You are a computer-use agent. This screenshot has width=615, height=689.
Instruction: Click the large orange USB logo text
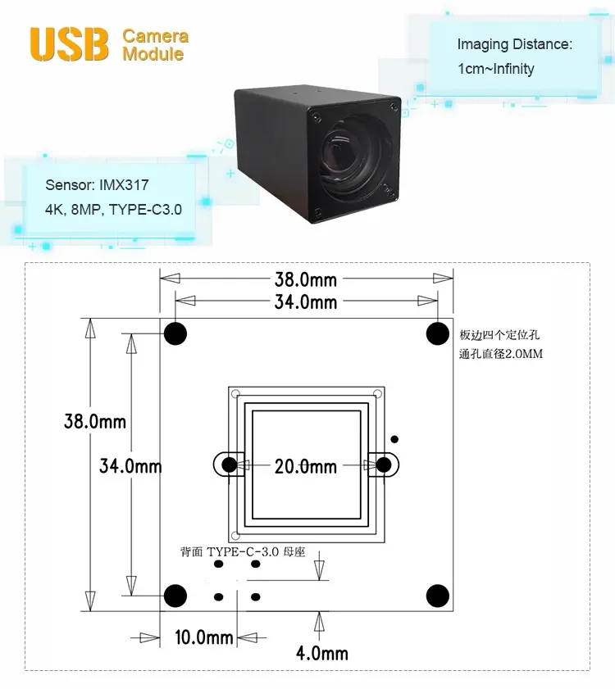(x=69, y=44)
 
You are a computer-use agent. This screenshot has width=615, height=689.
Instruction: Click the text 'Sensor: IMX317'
(x=97, y=185)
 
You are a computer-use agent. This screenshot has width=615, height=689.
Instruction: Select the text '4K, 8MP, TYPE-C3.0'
(x=113, y=210)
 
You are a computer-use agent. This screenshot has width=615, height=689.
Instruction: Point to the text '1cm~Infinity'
(x=496, y=69)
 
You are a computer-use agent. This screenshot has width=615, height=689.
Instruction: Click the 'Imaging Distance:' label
(x=515, y=44)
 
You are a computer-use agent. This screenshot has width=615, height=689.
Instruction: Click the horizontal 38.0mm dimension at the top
(x=306, y=279)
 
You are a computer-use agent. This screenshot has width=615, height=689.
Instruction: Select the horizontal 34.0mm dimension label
(x=306, y=302)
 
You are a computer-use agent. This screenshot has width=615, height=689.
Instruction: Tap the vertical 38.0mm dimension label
(x=95, y=421)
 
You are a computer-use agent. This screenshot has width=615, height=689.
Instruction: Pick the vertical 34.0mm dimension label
(x=130, y=466)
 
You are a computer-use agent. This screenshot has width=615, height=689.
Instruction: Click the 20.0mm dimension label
(x=306, y=467)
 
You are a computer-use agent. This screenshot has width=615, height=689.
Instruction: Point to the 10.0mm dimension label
(x=203, y=637)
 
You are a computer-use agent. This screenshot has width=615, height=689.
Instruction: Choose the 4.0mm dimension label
(x=322, y=654)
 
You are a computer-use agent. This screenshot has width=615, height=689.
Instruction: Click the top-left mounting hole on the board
(x=175, y=333)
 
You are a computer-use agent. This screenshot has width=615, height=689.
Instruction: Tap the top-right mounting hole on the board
(x=438, y=333)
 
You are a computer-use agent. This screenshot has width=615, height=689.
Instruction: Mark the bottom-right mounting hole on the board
(x=438, y=596)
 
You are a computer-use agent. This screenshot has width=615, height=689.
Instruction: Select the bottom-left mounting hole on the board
(x=175, y=596)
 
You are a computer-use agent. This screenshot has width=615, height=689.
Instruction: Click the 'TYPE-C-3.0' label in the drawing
(x=243, y=552)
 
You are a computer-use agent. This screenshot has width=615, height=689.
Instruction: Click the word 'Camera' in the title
(x=155, y=36)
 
